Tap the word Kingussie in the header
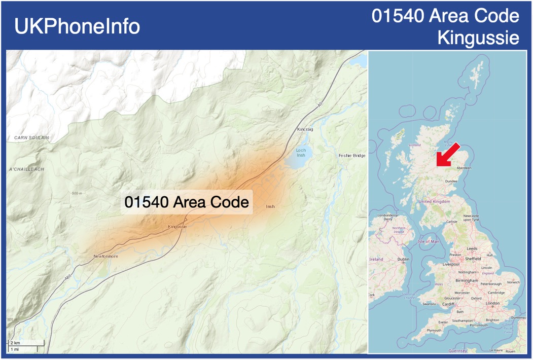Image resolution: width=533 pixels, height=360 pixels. tap(478, 38)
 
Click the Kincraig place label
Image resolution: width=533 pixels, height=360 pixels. tap(305, 130)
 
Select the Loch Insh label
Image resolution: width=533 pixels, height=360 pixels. tap(301, 153)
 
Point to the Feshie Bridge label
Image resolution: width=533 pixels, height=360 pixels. tap(351, 155)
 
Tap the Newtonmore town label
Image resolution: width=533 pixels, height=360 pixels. tap(105, 256)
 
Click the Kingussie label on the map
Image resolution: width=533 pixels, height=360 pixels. tap(177, 227)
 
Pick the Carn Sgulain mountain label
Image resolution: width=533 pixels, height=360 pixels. tap(31, 137)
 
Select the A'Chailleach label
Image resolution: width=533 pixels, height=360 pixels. tap(27, 169)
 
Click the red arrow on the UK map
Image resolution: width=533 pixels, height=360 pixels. tap(446, 155)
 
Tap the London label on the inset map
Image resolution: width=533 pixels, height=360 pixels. tap(492, 303)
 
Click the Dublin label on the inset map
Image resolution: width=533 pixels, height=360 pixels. tap(403, 259)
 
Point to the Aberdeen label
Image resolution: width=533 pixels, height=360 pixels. tap(464, 167)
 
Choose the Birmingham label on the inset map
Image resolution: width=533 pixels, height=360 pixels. tap(467, 280)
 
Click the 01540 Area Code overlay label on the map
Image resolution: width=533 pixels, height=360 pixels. tap(187, 202)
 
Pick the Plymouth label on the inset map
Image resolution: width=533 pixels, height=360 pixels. tap(434, 330)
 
